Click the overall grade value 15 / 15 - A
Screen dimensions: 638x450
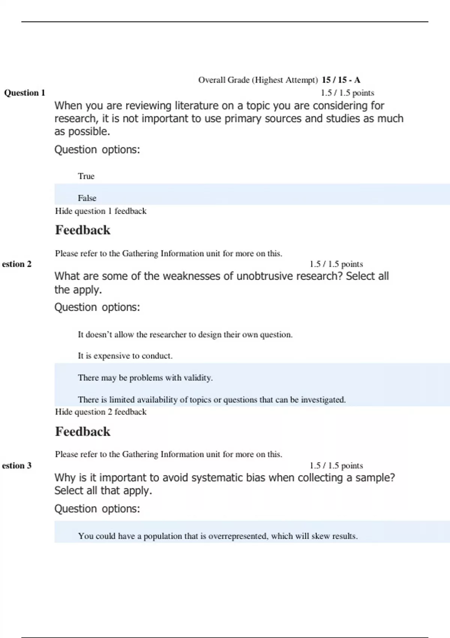[341, 80]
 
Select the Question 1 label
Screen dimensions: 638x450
[25, 93]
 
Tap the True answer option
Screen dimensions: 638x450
[86, 176]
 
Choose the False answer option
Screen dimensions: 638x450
[87, 198]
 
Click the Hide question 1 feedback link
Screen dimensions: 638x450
[100, 211]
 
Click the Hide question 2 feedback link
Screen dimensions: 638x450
[100, 412]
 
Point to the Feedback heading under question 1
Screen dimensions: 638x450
[82, 230]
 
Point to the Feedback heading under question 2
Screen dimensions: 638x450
[82, 432]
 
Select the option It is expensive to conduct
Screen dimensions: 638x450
[125, 355]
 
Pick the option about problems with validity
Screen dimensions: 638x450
[145, 378]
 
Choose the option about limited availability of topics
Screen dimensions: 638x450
[211, 400]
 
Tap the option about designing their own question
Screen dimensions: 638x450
[185, 334]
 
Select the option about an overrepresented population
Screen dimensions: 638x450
[217, 536]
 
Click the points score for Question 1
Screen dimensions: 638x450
[347, 93]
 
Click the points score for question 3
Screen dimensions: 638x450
[336, 465]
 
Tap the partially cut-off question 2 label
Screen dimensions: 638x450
[17, 264]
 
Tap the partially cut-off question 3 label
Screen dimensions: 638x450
[17, 465]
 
